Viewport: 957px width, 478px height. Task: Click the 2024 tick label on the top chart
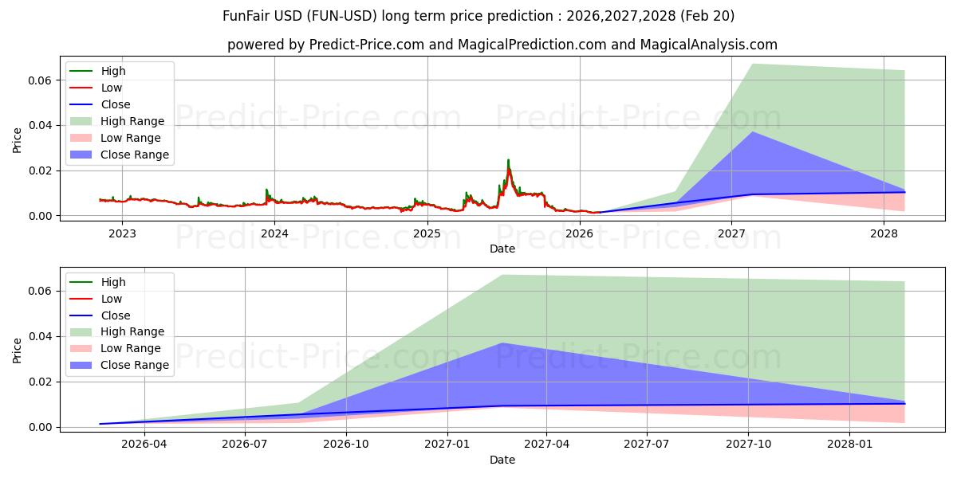point(274,233)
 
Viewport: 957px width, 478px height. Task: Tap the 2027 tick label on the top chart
point(731,233)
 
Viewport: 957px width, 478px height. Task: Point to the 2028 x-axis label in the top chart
point(884,233)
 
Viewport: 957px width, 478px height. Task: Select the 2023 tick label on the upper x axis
point(122,233)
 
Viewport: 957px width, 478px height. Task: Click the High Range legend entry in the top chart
point(132,121)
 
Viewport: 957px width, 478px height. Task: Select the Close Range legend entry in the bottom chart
point(134,365)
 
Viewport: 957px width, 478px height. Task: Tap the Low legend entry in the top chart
point(112,88)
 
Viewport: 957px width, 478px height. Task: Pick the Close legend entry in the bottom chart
point(115,315)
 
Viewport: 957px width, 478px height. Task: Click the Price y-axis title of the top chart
point(18,141)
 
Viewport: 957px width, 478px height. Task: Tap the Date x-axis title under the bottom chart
point(502,460)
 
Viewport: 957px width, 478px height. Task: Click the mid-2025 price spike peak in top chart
point(508,160)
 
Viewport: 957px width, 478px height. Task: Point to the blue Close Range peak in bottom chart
point(502,343)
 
